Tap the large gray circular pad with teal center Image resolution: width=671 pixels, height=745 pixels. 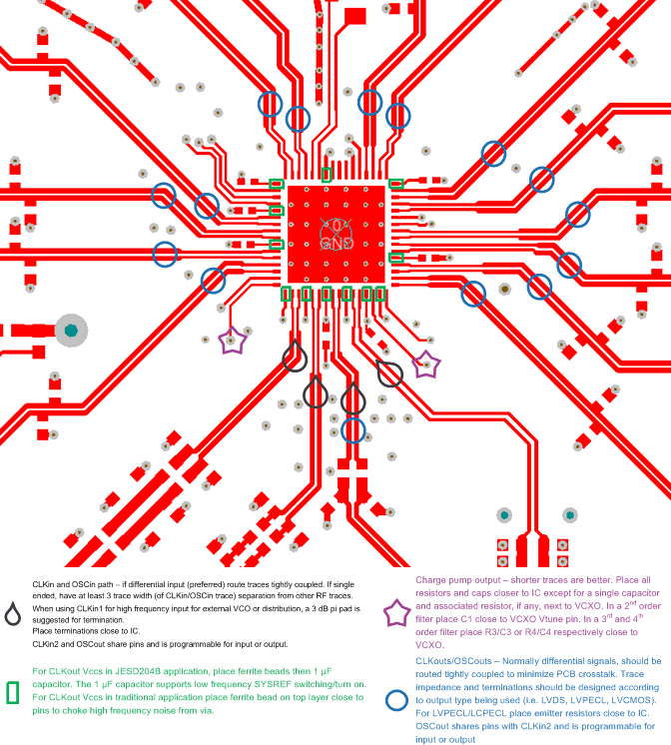71,329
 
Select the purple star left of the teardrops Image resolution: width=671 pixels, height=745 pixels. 233,342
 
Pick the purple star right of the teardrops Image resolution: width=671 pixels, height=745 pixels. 426,366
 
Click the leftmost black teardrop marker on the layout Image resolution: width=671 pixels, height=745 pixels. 294,355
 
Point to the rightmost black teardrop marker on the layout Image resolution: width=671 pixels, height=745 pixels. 390,373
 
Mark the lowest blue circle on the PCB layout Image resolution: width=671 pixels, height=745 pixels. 352,429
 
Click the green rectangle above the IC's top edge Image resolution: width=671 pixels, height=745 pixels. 327,175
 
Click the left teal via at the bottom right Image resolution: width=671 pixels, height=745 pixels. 505,515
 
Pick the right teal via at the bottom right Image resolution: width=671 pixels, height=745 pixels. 570,515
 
